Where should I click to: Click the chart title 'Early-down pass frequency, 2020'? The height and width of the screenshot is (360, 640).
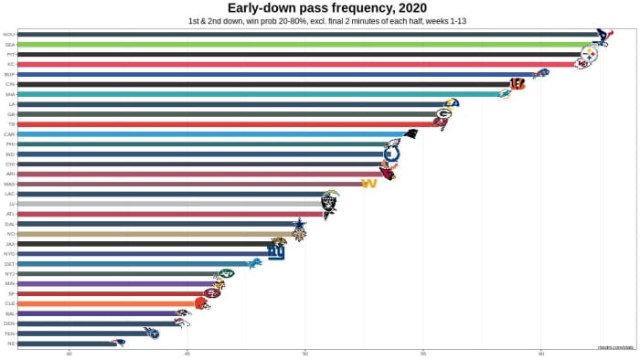pos(320,8)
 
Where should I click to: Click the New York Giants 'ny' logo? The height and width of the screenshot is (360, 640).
pos(276,253)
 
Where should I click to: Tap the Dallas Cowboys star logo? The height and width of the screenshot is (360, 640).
pos(299,224)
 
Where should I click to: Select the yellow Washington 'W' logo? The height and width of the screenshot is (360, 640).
pos(369,184)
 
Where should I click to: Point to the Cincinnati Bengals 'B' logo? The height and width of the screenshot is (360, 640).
pos(517,84)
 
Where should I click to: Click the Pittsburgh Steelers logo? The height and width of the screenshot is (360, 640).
pos(589,55)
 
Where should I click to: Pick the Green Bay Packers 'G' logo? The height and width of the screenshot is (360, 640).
pos(443,114)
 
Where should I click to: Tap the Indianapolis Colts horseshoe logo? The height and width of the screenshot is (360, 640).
pos(391,154)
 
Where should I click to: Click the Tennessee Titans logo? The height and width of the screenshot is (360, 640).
pos(152,333)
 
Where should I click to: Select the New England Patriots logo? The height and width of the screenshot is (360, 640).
pos(118,343)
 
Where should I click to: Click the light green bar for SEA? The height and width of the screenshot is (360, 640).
pos(302,44)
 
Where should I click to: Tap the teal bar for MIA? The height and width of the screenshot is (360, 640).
pos(256,94)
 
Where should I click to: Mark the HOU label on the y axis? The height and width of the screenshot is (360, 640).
pos(8,35)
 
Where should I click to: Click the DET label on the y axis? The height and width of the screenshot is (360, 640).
pos(8,263)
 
